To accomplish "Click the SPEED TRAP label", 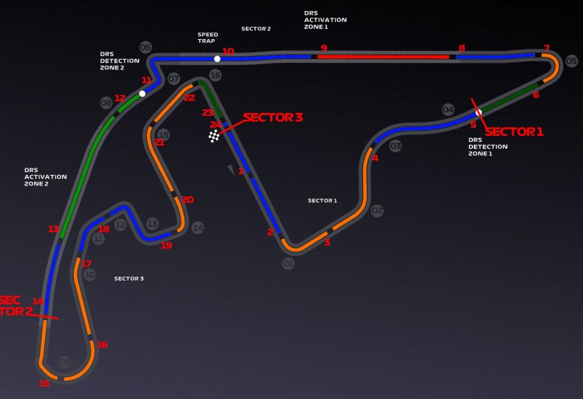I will click(207, 38).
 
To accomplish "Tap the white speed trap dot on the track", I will click(217, 58).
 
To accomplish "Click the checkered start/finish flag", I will click(214, 136).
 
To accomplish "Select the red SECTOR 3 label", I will click(272, 117).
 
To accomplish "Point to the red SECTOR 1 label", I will click(514, 132).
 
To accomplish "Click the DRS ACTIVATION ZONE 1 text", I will click(325, 20).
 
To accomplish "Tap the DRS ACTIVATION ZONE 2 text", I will click(46, 177).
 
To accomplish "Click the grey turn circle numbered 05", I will click(571, 61).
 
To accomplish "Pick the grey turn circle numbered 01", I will click(288, 263).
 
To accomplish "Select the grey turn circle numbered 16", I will click(215, 75).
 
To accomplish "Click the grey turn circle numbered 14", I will click(197, 228).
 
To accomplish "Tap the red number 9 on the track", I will click(323, 48).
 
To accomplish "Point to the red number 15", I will click(44, 383).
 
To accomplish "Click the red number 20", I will click(187, 199).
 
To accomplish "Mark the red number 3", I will click(327, 242).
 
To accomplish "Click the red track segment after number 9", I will click(384, 56).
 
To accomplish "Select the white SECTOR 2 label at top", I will click(256, 29).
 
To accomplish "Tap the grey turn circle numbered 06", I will click(145, 48).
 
